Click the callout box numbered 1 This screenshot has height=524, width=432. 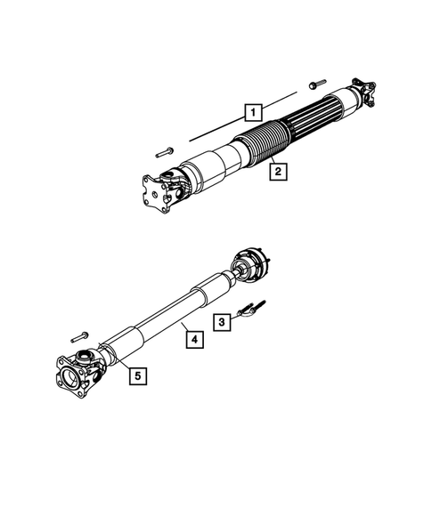(255, 113)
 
